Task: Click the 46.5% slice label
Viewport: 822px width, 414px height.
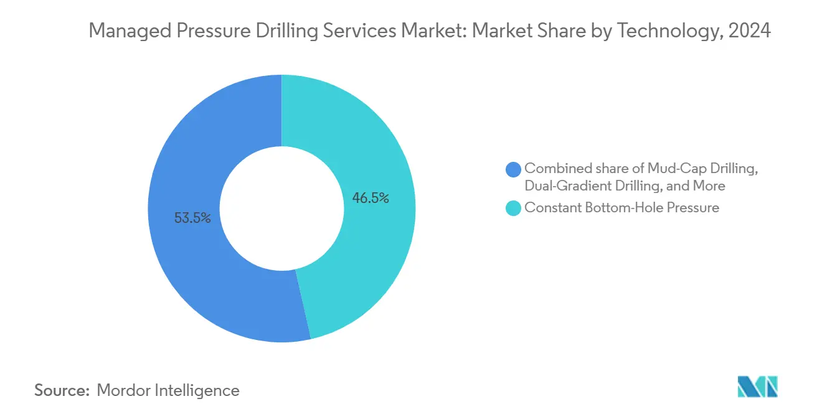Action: [x=371, y=199]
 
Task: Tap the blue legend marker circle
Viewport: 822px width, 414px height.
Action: [x=513, y=169]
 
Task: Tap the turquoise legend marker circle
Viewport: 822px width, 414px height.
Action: [x=513, y=208]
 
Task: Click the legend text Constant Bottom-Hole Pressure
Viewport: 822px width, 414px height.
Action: [x=621, y=208]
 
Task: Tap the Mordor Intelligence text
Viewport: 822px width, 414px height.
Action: [x=168, y=390]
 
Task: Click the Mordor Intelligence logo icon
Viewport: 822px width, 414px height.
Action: [x=757, y=387]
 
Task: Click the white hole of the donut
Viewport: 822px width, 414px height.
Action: [x=281, y=209]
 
